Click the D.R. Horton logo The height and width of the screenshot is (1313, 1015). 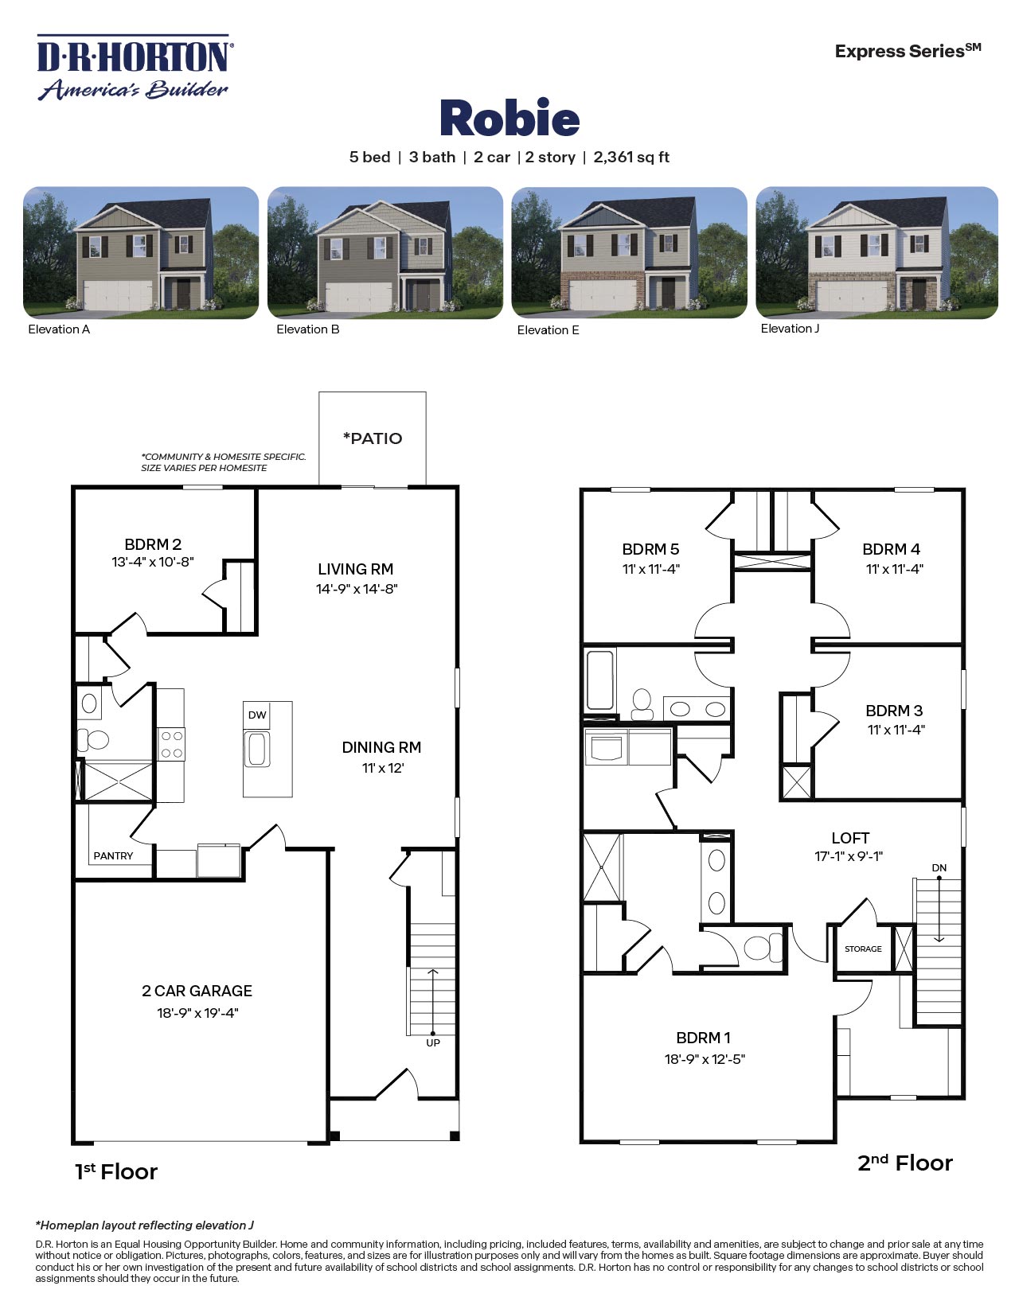[134, 68]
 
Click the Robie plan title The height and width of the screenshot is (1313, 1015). [509, 119]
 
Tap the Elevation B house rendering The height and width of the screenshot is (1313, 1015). [385, 252]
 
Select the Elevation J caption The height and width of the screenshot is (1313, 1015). [790, 329]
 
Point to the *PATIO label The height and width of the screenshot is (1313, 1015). [373, 438]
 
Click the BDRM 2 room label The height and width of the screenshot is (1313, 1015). [153, 544]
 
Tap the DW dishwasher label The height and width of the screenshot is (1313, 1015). [257, 715]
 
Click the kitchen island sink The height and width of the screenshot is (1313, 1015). [256, 750]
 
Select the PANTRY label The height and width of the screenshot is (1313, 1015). [113, 856]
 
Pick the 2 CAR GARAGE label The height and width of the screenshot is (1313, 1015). [197, 991]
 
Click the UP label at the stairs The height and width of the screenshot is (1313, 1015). [433, 1042]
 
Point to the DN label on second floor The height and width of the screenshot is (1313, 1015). [939, 867]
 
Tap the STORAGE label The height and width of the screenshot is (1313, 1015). [863, 949]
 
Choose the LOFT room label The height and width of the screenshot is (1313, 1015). [850, 838]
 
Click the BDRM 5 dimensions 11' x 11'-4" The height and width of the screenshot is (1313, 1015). [650, 569]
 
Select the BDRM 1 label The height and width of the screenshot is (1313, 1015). [703, 1038]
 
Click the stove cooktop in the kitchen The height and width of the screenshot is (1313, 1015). [172, 745]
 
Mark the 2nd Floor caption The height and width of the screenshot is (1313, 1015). [904, 1163]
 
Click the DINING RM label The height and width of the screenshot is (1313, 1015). [381, 747]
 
